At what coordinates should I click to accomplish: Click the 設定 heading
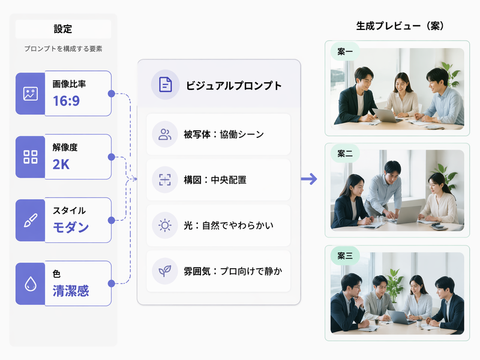click(63, 29)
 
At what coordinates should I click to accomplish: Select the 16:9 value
click(66, 101)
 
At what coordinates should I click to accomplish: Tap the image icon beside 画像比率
click(31, 94)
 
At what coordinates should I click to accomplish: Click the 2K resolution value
click(61, 164)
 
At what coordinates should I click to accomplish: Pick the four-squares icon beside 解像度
click(31, 157)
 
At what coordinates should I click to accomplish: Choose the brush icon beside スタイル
click(31, 220)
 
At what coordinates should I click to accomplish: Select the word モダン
click(71, 227)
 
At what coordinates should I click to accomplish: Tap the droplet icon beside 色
click(31, 284)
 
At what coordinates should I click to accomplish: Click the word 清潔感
click(71, 291)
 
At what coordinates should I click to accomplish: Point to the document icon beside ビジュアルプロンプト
click(166, 85)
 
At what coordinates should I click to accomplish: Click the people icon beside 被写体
click(164, 134)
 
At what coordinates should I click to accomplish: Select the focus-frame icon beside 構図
click(164, 179)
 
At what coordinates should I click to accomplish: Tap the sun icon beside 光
click(164, 226)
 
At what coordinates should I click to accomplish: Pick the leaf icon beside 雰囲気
click(164, 271)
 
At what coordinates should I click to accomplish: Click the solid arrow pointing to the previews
click(309, 179)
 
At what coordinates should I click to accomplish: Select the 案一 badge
click(345, 52)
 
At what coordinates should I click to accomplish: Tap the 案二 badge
click(345, 154)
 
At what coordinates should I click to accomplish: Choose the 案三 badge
click(345, 256)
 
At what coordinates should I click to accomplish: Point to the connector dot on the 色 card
click(112, 284)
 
